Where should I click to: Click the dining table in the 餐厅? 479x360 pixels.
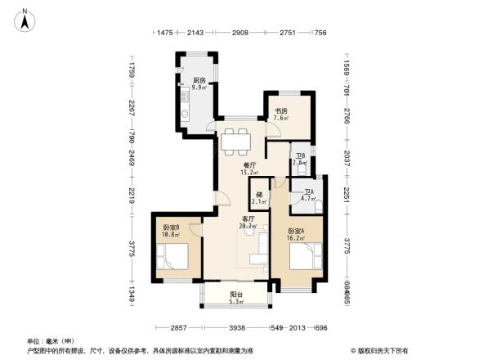[x=238, y=142]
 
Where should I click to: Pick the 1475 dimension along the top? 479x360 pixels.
[x=166, y=33]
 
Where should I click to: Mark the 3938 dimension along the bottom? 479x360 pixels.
[x=237, y=327]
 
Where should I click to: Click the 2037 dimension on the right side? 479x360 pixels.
[x=347, y=157]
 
